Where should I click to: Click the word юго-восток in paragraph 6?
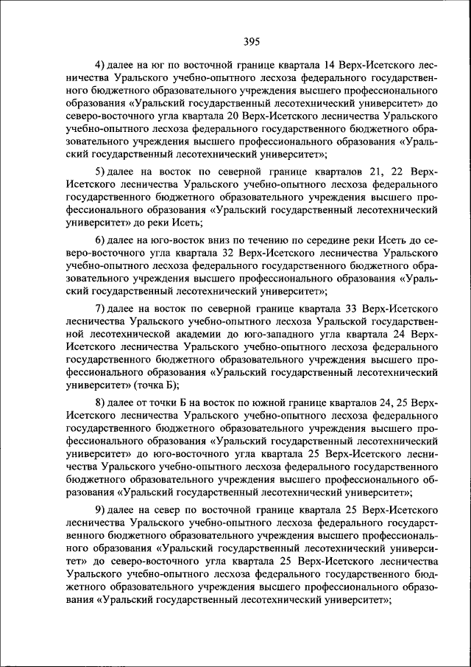coord(177,240)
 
